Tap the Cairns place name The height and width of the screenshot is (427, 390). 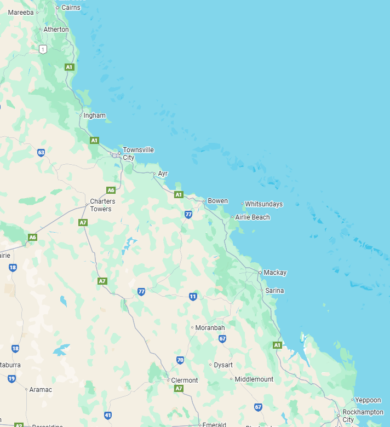point(71,7)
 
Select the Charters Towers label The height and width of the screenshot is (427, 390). point(102,205)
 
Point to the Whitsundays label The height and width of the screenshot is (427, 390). point(263,204)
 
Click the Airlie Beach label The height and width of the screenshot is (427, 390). point(253,217)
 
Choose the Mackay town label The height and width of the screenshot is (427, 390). point(275,272)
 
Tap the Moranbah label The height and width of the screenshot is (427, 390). point(210,327)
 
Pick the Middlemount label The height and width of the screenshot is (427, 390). point(254,379)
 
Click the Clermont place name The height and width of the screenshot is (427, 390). point(185,380)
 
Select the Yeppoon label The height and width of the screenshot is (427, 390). point(368,400)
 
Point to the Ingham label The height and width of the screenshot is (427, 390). point(94,116)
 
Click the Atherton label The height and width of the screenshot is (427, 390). point(56,30)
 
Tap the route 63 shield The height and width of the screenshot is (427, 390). point(41,152)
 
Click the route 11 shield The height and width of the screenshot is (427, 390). point(193,296)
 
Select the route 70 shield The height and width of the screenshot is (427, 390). point(180,360)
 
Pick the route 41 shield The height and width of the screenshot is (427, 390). point(108,416)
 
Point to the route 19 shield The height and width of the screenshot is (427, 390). point(12,378)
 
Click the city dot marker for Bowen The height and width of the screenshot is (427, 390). point(204,201)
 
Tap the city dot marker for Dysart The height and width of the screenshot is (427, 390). point(210,365)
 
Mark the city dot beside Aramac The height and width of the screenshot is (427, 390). point(26,390)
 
